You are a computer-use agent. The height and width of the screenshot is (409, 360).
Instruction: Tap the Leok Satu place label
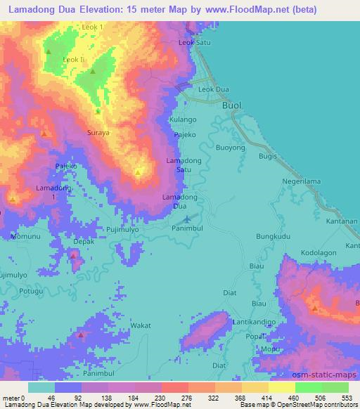[195, 43]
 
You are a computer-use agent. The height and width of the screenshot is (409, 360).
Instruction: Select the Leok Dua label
[214, 90]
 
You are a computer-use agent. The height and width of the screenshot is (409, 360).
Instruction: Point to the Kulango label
[183, 120]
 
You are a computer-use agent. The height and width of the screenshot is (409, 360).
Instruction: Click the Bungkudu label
[274, 238]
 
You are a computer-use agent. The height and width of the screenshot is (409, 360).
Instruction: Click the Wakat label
[141, 326]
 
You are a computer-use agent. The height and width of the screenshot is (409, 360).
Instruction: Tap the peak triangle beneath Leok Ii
[92, 71]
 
